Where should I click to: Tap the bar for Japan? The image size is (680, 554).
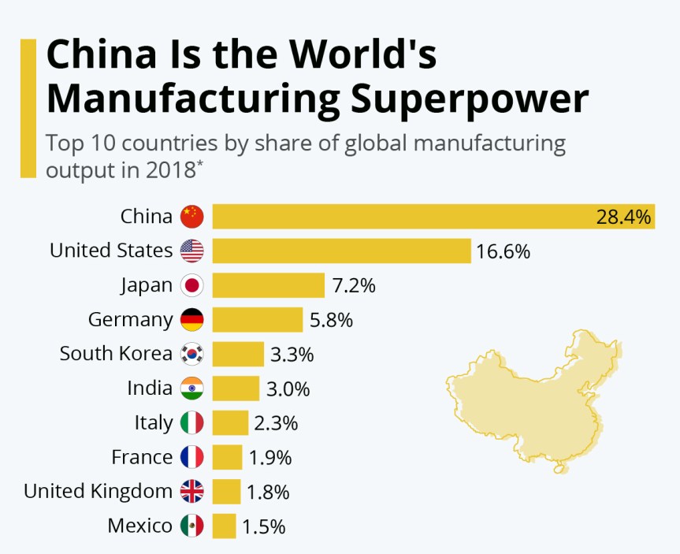tap(268, 285)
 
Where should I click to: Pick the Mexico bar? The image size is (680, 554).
tap(224, 526)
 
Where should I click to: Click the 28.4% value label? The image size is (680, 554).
tap(623, 217)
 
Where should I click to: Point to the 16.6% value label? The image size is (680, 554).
tap(503, 251)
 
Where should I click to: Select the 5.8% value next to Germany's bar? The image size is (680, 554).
tap(330, 320)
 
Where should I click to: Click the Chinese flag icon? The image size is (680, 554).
tap(191, 216)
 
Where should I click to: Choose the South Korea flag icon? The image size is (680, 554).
tap(191, 354)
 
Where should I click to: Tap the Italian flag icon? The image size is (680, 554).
tap(191, 422)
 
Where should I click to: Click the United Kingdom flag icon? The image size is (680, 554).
tap(191, 492)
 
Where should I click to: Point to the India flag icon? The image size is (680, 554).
tap(191, 389)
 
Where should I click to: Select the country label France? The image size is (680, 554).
tap(142, 457)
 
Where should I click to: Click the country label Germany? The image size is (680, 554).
tap(130, 320)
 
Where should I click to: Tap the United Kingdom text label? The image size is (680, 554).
tap(98, 492)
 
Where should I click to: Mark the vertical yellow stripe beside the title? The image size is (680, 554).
tap(28, 109)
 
